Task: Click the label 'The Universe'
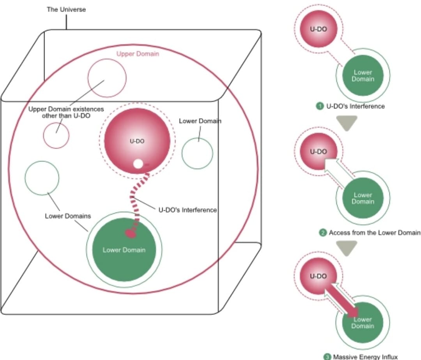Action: click(66, 9)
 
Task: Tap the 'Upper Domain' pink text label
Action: click(138, 54)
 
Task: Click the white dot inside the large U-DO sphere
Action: click(138, 164)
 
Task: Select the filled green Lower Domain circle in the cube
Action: click(124, 250)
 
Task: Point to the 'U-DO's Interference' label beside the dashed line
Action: click(188, 210)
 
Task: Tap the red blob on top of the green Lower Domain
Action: click(131, 233)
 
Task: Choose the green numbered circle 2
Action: click(323, 233)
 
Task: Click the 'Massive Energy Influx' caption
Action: click(362, 356)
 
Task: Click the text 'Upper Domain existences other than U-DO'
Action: click(66, 112)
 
